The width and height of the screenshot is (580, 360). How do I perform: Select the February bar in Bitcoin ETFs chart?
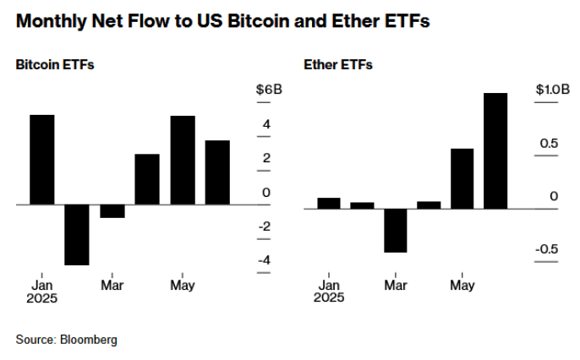pos(77,234)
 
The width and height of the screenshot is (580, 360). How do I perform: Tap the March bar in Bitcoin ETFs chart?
pos(112,211)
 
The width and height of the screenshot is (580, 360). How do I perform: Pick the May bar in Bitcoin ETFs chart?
pos(183,160)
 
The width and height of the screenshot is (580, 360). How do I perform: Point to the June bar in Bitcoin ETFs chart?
pos(217,172)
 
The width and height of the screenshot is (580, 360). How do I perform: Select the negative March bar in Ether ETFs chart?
pos(395,230)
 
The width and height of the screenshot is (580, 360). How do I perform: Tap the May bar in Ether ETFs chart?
pos(462,178)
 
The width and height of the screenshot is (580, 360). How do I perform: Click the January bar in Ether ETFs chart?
pos(328,203)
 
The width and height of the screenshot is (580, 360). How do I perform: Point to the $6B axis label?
pos(270,90)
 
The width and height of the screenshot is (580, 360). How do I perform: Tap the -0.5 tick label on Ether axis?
pos(546,248)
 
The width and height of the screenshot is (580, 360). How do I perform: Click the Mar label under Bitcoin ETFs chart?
pos(112,285)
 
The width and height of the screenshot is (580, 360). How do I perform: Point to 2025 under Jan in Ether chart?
pos(328,297)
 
